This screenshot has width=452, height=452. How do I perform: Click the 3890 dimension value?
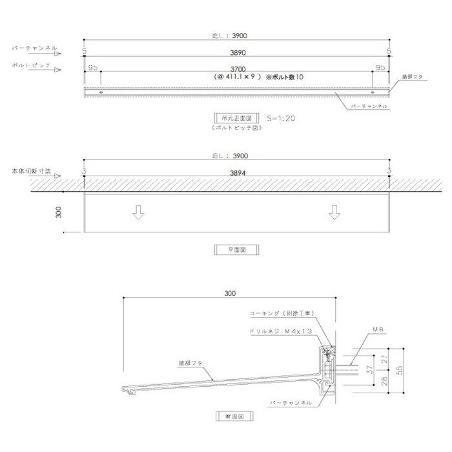pos(237,54)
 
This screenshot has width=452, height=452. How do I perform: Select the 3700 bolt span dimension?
pos(237,67)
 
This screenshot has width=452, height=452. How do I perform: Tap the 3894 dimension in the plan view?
pos(237,174)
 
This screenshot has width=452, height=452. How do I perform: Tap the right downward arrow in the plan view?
pos(334,212)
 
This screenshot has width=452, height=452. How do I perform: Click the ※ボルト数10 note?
pos(280,77)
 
